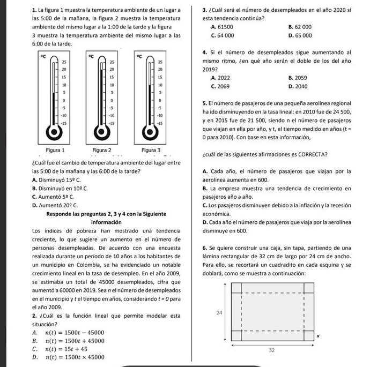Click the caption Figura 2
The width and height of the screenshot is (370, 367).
coord(102,148)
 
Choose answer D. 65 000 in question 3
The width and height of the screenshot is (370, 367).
coord(300,35)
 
